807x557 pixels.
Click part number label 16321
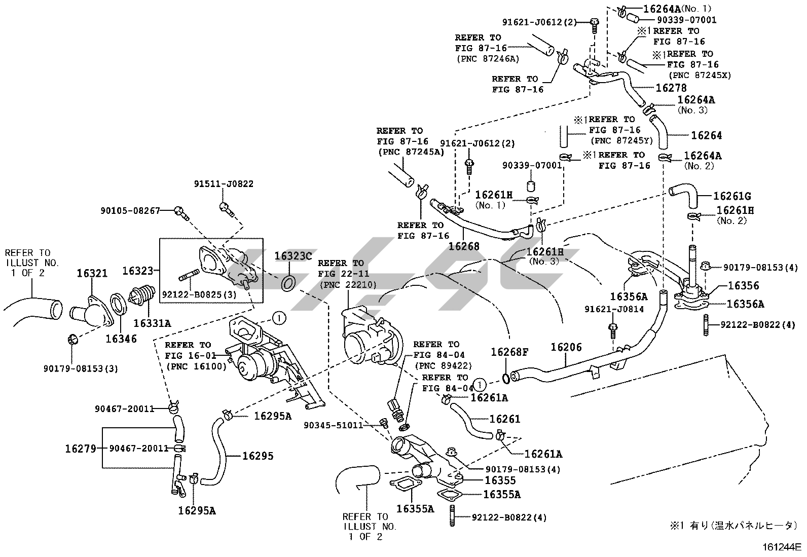coord(92,274)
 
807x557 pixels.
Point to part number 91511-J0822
coord(224,184)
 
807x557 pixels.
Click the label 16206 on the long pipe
coord(566,347)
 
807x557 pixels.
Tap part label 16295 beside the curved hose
coord(258,456)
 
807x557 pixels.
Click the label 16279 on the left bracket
coord(80,449)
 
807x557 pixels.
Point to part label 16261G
coord(732,196)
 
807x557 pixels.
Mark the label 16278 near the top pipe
coord(671,88)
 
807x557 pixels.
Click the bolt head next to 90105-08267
coord(179,211)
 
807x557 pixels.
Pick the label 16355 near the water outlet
coord(500,480)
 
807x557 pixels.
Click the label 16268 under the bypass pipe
coord(463,247)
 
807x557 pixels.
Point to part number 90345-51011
coord(334,425)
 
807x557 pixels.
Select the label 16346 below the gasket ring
coord(121,339)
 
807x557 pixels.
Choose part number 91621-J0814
coord(614,309)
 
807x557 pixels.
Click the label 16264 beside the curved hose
coord(707,135)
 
